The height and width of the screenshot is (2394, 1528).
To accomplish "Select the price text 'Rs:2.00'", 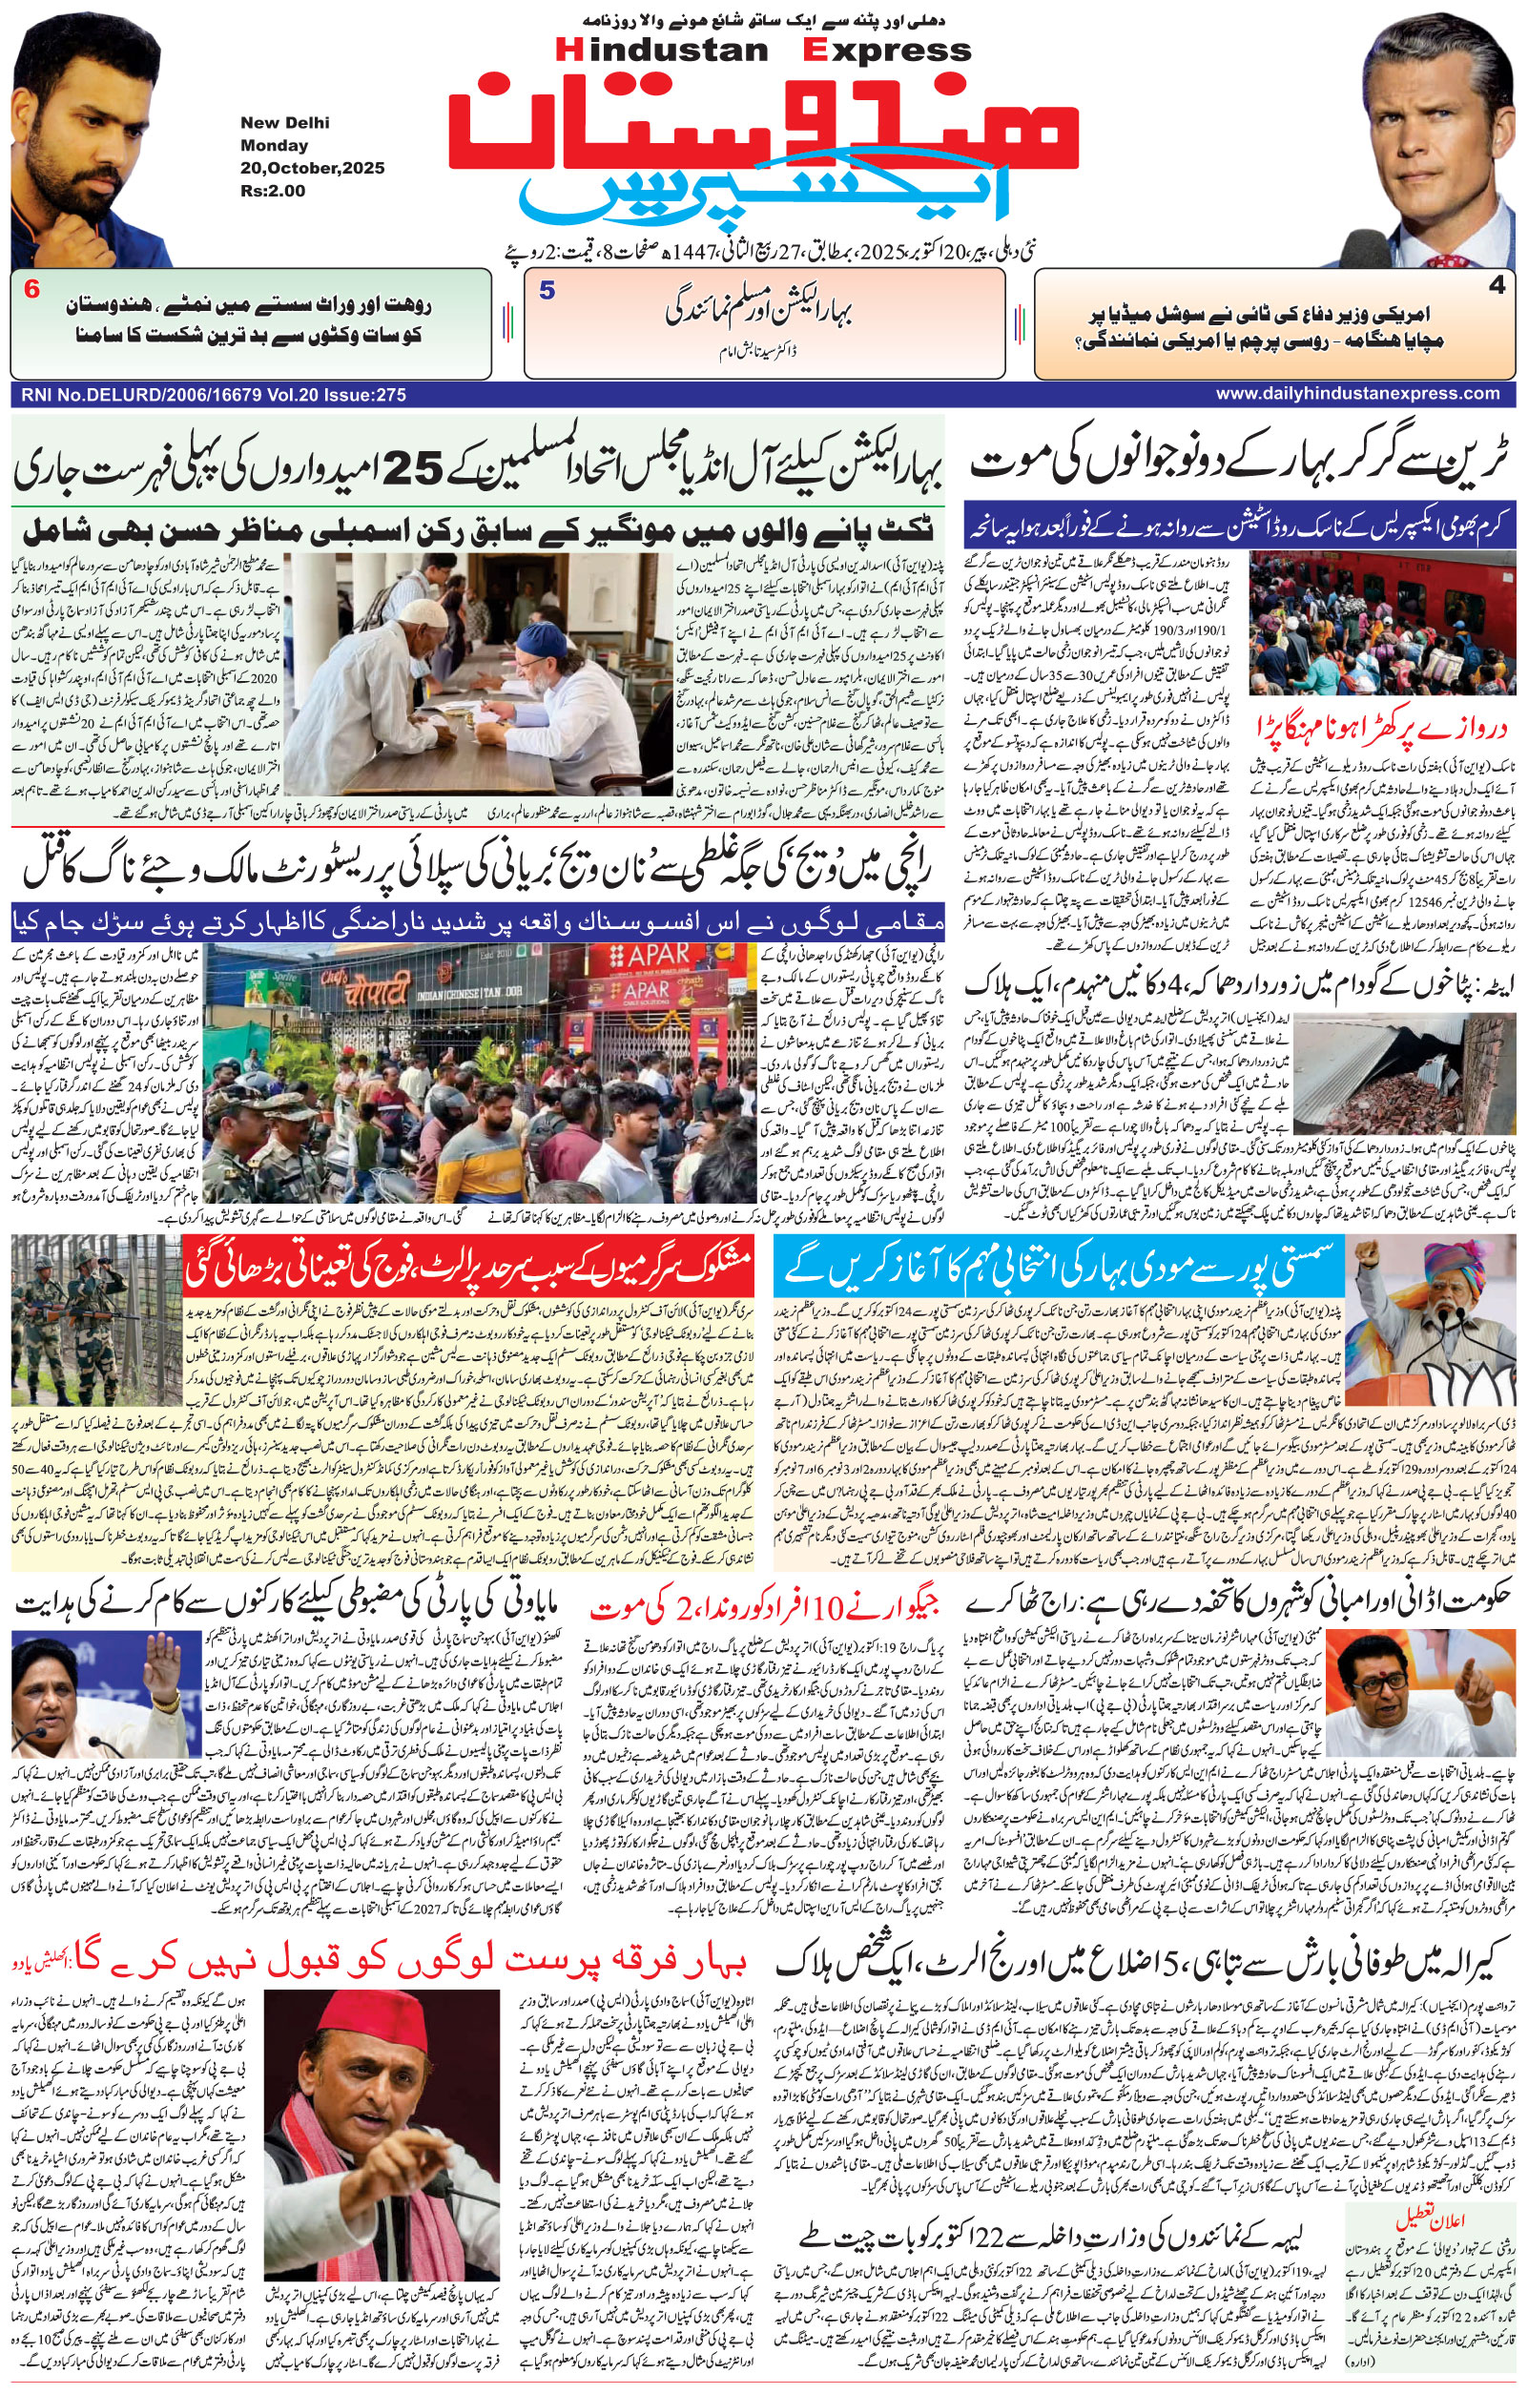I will coord(273,190).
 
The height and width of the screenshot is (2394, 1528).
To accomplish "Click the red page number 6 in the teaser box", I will coord(31,290).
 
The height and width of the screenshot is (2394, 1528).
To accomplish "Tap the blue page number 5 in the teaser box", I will coord(546,291).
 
